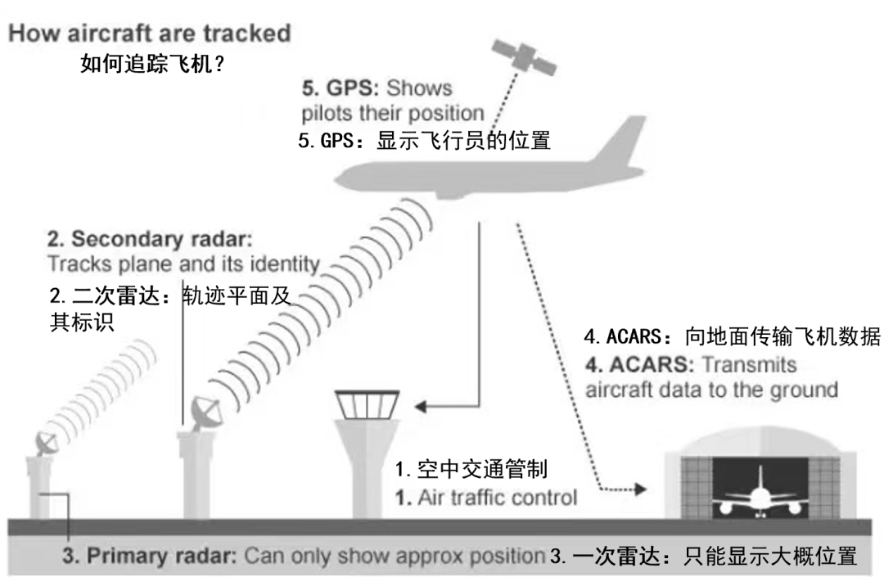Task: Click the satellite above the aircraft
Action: (x=524, y=56)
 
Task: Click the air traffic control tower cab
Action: (x=367, y=404)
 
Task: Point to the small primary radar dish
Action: (x=46, y=443)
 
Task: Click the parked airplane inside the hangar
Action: (x=759, y=494)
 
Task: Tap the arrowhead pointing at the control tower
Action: (x=421, y=406)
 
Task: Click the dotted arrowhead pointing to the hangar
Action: (x=640, y=489)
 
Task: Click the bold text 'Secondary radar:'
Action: (x=162, y=239)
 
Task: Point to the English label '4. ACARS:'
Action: (x=639, y=364)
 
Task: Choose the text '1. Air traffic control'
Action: (x=486, y=498)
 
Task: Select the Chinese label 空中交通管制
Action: (x=482, y=469)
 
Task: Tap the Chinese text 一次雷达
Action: (x=616, y=557)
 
